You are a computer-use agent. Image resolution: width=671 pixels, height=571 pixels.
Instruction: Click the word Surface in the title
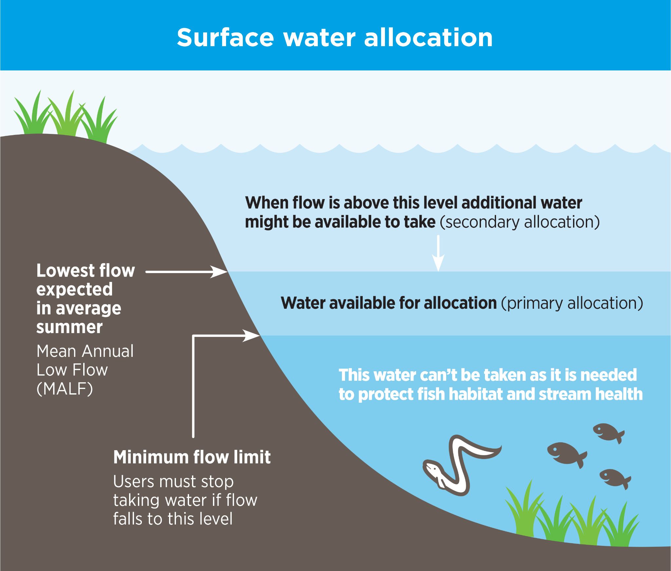(225, 38)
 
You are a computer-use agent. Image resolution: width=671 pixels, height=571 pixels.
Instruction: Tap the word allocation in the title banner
(428, 38)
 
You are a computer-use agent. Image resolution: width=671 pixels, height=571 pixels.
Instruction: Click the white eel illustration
(459, 465)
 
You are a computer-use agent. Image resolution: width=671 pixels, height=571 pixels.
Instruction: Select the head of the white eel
(432, 469)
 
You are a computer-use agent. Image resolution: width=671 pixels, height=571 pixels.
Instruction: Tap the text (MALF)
(65, 389)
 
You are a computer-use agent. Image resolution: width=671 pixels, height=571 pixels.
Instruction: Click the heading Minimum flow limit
(192, 457)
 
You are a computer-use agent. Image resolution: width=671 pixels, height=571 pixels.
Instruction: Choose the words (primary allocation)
(572, 303)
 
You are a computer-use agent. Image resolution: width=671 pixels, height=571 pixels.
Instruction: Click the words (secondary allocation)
(520, 222)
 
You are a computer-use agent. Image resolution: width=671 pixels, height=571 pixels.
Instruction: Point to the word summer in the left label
(69, 327)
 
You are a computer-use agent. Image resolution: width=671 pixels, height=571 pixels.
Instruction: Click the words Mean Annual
(85, 351)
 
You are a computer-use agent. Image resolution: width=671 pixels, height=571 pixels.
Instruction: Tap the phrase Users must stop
(173, 482)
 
